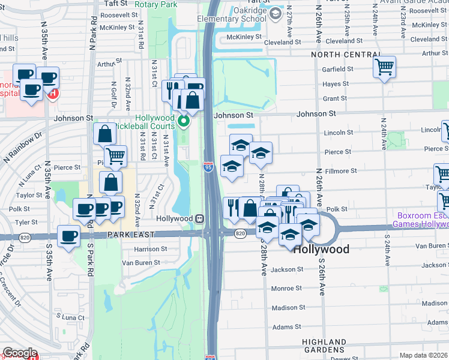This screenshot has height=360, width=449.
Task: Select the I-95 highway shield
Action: [208, 167]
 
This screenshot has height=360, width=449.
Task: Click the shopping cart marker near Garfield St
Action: [384, 66]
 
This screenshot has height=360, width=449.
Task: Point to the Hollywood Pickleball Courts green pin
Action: [185, 124]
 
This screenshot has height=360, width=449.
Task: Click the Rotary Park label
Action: [155, 4]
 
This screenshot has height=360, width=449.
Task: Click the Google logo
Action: [20, 353]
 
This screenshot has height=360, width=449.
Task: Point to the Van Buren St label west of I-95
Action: [141, 262]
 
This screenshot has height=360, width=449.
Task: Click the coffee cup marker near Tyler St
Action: [68, 235]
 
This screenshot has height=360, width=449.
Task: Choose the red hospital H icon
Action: [53, 94]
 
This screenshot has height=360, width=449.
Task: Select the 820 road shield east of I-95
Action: [240, 233]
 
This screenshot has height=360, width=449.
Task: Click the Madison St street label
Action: [286, 307]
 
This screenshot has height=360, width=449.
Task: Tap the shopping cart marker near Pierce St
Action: [115, 156]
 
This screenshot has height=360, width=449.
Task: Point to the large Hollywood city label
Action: [321, 248]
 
